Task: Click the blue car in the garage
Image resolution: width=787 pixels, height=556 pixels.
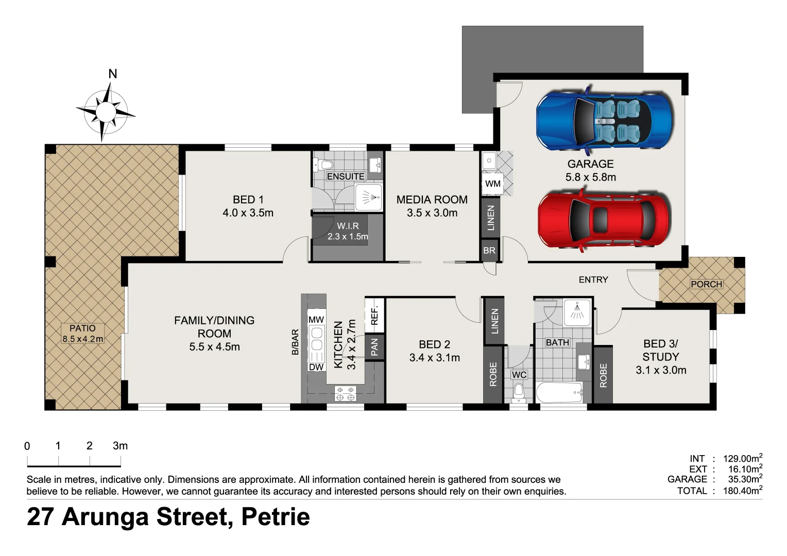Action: (604, 120)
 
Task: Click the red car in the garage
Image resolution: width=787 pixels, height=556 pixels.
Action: (604, 219)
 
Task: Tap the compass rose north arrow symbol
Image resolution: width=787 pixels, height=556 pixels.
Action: (106, 109)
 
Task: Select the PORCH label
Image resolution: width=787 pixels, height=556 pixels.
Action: (706, 284)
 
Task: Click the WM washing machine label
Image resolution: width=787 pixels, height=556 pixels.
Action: (492, 184)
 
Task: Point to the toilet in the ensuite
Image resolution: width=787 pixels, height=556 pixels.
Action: (324, 165)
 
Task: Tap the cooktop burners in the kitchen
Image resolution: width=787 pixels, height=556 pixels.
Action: (345, 393)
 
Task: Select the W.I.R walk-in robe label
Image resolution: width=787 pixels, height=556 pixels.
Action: (348, 226)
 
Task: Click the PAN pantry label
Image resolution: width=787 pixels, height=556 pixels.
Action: (374, 347)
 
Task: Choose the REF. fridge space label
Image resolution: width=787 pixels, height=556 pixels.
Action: (374, 315)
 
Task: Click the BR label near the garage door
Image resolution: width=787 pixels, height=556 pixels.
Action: (489, 251)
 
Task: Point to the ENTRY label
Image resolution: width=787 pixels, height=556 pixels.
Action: (593, 280)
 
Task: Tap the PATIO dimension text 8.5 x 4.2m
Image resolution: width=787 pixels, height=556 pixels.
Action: (82, 339)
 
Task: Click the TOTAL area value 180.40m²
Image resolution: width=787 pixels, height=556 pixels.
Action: (742, 491)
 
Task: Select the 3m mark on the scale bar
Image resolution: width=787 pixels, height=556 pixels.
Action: (121, 446)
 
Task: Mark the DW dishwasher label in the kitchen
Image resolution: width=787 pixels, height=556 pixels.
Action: (316, 367)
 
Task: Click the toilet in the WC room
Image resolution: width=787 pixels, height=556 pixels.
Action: (519, 393)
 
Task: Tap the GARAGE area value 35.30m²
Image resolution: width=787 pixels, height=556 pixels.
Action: (744, 479)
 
